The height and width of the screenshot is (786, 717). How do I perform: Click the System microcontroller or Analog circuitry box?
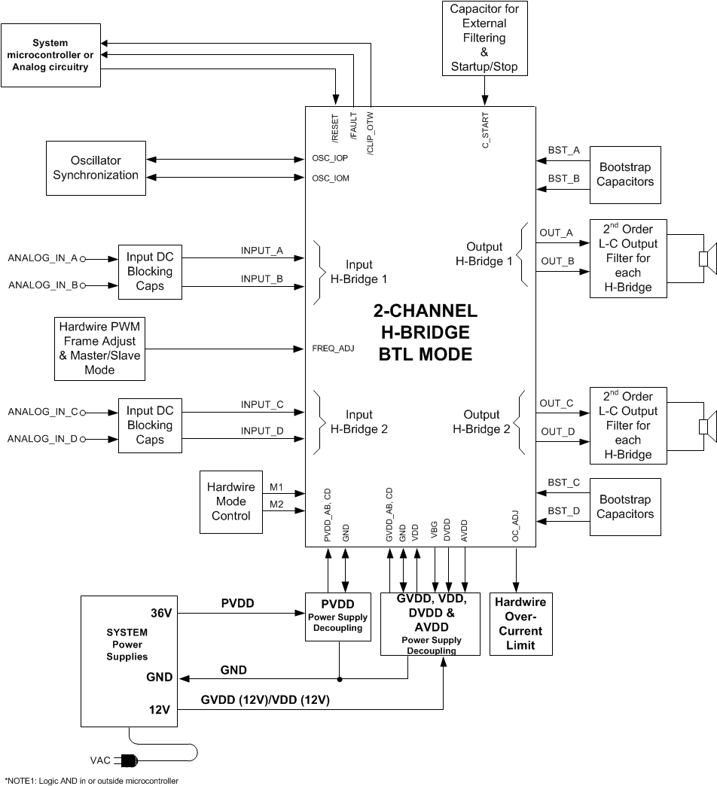50,56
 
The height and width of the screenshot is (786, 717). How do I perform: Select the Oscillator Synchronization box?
96,168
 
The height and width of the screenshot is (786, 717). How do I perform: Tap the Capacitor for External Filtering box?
484,38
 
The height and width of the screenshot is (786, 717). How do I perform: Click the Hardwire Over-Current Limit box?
520,623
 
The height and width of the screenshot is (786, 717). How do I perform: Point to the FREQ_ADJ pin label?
333,349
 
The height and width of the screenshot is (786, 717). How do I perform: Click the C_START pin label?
486,129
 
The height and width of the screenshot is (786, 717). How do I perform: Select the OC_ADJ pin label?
516,526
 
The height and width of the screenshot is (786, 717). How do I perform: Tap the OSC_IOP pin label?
330,160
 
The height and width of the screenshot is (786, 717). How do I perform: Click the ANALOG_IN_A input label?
43,258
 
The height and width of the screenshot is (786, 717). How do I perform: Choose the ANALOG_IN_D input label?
43,439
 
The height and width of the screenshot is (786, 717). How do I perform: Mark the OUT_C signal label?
557,404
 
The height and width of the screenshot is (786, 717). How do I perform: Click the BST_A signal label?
563,151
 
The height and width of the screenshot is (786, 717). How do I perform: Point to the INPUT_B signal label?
261,278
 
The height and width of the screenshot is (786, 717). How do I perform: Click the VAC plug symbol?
129,760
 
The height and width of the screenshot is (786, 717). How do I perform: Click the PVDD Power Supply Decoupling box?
338,616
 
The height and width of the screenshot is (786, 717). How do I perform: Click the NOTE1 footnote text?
92,781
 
